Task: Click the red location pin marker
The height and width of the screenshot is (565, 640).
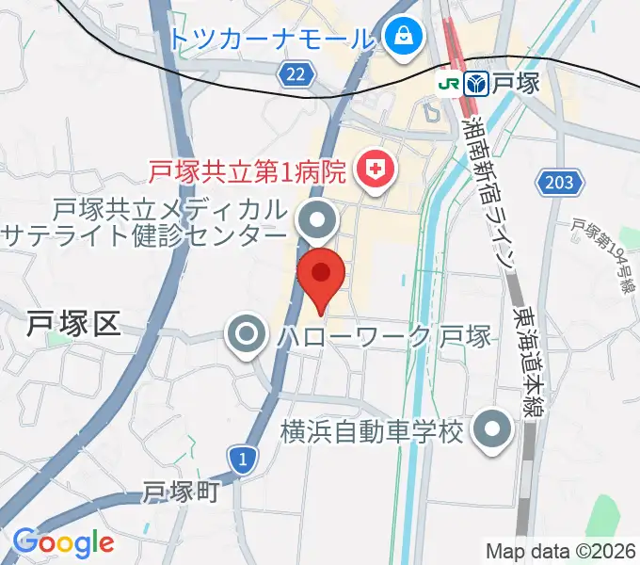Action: [x=320, y=276]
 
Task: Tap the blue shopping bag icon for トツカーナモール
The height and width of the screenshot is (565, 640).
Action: [x=403, y=38]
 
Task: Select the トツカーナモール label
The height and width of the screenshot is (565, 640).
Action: [x=274, y=39]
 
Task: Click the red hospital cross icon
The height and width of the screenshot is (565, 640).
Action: [x=375, y=170]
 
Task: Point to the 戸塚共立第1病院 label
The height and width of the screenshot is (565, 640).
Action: [x=250, y=171]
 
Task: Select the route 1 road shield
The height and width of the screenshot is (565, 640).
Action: [x=243, y=459]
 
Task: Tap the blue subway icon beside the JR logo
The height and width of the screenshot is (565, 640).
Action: [x=477, y=84]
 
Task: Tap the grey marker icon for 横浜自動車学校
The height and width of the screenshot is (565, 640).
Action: [x=492, y=431]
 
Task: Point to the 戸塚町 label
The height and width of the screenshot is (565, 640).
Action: [x=182, y=492]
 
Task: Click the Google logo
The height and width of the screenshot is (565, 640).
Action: [x=63, y=542]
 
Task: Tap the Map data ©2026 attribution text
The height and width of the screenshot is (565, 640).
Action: [x=559, y=550]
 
